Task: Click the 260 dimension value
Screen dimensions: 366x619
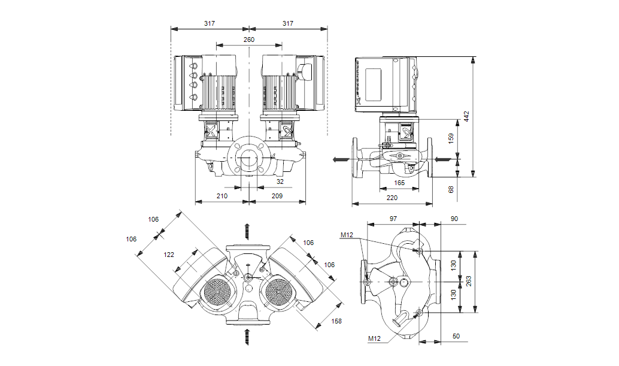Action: click(x=248, y=40)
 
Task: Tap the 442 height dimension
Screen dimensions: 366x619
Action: click(x=467, y=116)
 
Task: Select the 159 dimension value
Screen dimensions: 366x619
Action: click(x=451, y=137)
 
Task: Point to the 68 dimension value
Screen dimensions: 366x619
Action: click(x=451, y=189)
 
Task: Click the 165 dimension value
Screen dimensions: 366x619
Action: click(x=399, y=183)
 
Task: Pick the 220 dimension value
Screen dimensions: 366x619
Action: click(x=392, y=197)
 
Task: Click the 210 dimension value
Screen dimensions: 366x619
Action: click(x=222, y=196)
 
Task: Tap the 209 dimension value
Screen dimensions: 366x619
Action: click(x=277, y=196)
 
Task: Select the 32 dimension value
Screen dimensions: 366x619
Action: click(x=280, y=181)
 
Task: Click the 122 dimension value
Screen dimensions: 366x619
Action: click(x=169, y=255)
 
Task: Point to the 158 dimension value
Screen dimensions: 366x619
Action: click(x=336, y=322)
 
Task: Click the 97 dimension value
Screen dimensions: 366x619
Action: click(x=393, y=219)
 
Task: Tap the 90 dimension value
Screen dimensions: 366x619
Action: click(x=454, y=219)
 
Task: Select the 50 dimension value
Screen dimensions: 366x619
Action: click(x=456, y=337)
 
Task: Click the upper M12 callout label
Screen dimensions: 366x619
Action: click(x=347, y=235)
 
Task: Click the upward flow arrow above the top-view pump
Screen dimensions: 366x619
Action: click(x=247, y=231)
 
